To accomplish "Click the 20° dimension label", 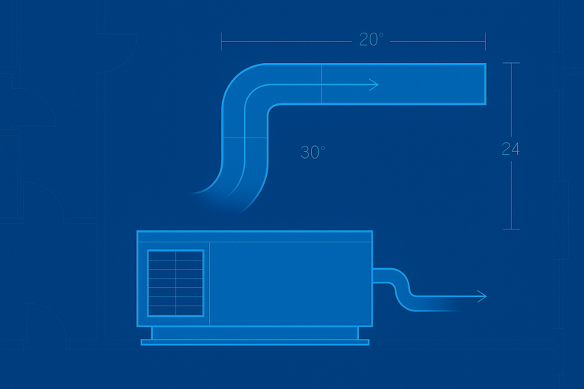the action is point(371,40).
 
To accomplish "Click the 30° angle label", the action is point(313,152).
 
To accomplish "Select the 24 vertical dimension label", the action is point(510,149).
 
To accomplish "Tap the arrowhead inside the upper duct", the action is point(374,85).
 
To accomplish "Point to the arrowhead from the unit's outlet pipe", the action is point(482,296).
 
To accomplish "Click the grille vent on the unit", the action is point(176,283).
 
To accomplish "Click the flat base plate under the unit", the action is point(255,342).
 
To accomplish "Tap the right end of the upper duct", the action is point(485,84).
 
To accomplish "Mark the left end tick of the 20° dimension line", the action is point(221,41).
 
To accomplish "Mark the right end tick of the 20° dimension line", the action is point(485,41).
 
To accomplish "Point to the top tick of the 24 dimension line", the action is point(511,63).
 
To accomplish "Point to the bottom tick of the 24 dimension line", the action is point(511,229).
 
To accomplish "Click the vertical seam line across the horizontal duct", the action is point(321,84).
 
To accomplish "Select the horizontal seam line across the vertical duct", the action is point(245,138).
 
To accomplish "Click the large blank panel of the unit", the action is point(290,284).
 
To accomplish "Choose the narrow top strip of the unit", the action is point(255,236).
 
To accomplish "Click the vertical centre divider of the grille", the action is point(176,283).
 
